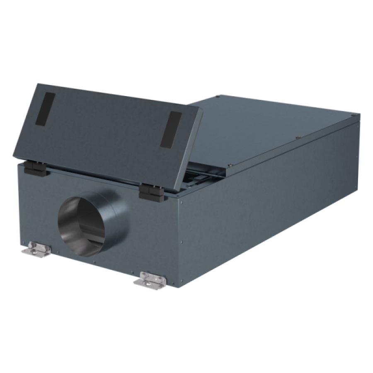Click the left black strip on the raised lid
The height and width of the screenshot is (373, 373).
point(45,109)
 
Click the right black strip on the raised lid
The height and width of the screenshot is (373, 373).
point(171,129)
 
